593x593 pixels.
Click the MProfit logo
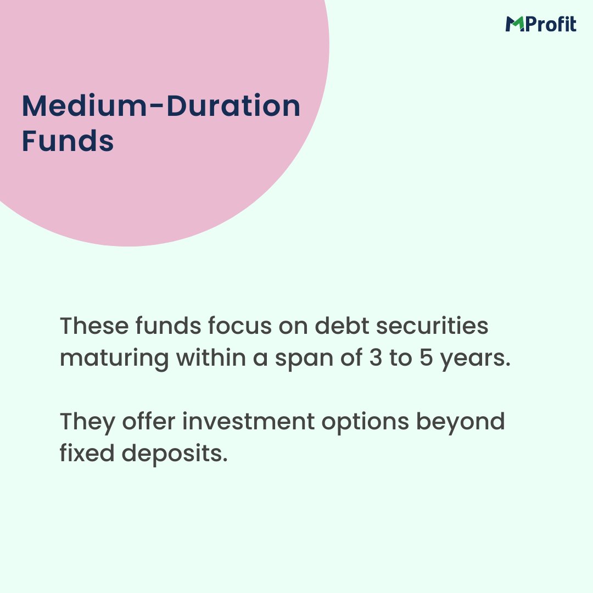[541, 24]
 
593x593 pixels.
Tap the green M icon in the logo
[514, 25]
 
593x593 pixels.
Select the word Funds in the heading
[68, 141]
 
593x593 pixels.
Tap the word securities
[433, 326]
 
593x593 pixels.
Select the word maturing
[115, 358]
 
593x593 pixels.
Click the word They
[87, 422]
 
